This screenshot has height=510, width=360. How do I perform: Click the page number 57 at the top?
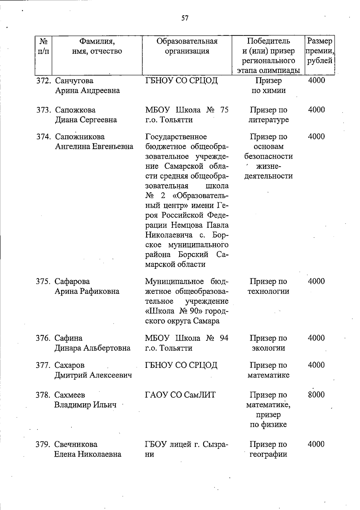(x=185, y=18)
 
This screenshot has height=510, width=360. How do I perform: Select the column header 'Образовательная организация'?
(x=187, y=46)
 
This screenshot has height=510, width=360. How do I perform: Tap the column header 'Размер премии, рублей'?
(x=320, y=51)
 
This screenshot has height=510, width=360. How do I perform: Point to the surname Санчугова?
(x=74, y=81)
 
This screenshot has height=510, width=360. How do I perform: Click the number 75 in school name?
(x=224, y=110)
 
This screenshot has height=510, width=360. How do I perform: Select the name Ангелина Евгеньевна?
(x=94, y=147)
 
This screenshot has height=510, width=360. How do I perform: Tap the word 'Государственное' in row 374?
(x=176, y=137)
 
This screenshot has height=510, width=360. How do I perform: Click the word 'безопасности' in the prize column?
(x=268, y=157)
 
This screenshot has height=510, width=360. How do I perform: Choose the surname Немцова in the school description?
(x=189, y=225)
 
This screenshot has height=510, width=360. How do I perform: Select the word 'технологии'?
(x=268, y=291)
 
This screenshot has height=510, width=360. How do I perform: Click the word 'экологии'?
(x=268, y=348)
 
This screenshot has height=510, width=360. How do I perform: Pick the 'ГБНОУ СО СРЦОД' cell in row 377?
(x=181, y=365)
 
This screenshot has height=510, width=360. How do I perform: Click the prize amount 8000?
(x=316, y=395)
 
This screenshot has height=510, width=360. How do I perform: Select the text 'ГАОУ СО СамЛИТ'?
(x=180, y=395)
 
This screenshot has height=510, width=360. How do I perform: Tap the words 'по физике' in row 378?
(x=268, y=425)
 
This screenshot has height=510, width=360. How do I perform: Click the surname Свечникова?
(x=76, y=444)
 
